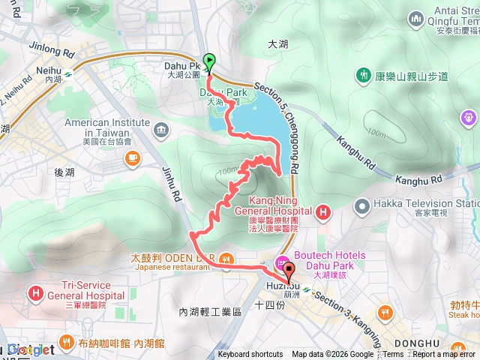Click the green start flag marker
tap(209, 63)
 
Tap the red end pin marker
tap(290, 268)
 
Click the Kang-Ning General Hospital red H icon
tap(323, 213)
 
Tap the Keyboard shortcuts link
tap(250, 355)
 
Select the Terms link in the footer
tap(393, 355)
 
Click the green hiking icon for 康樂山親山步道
tap(364, 75)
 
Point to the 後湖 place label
tap(64, 172)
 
